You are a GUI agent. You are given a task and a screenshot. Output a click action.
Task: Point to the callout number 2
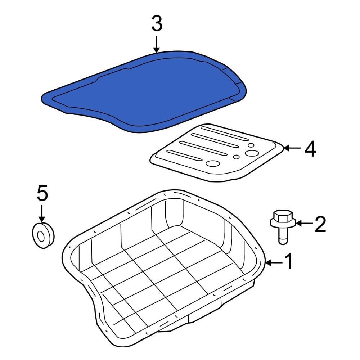pyautogui.click(x=320, y=224)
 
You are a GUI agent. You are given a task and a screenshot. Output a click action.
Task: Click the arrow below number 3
pyautogui.click(x=156, y=45)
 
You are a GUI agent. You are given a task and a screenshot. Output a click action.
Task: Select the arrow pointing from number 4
pyautogui.click(x=292, y=148)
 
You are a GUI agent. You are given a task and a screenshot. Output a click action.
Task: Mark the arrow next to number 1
pyautogui.click(x=273, y=263)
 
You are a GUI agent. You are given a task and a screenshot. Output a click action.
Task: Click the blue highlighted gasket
pyautogui.click(x=144, y=90)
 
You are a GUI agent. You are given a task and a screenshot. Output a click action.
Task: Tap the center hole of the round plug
pyautogui.click(x=41, y=236)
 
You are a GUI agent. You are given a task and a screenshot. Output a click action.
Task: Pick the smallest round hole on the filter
pyautogui.click(x=236, y=157)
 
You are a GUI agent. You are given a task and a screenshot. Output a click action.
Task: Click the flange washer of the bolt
pyautogui.click(x=283, y=225)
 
